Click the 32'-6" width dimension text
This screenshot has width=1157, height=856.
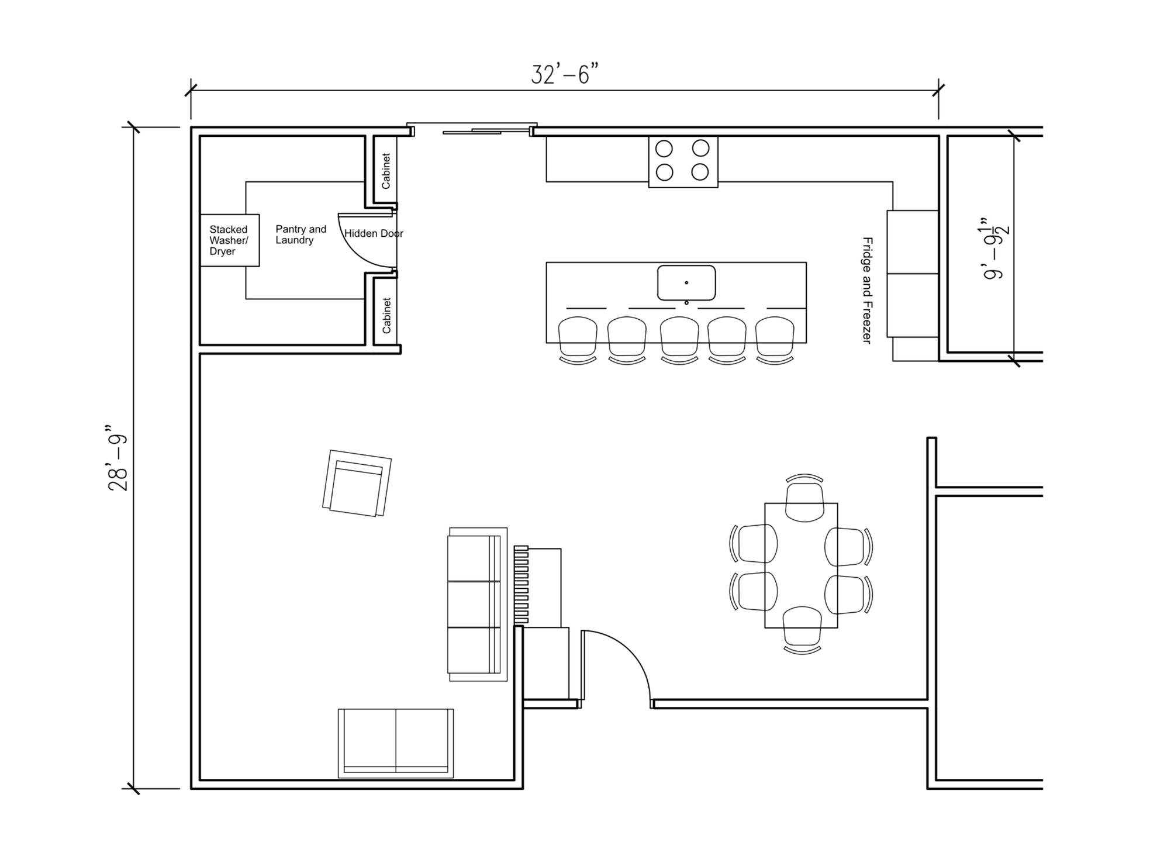565,75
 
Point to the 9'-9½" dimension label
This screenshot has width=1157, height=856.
996,249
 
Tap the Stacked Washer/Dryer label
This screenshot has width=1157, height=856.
229,240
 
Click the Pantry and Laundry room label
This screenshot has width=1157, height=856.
301,234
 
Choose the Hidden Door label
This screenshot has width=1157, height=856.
374,233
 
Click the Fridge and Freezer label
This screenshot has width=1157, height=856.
868,290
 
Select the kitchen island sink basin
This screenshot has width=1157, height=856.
686,283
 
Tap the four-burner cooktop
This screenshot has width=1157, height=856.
683,161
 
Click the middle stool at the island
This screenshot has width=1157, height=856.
679,340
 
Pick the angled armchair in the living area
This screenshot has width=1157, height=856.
357,483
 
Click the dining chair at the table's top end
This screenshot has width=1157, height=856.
804,498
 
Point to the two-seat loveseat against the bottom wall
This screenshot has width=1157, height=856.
396,743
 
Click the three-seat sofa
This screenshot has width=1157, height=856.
477,604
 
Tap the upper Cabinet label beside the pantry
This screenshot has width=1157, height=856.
386,171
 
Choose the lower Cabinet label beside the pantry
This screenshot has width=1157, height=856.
386,315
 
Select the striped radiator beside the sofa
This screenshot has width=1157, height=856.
521,585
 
